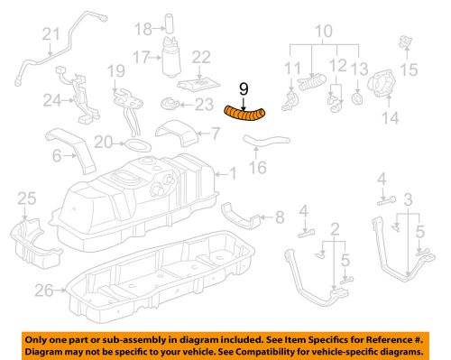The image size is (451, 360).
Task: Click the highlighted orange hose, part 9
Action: (x=246, y=113)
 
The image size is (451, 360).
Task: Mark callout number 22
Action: (x=201, y=56)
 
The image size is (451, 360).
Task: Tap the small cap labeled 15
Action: (x=402, y=42)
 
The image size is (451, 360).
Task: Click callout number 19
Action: (x=114, y=71)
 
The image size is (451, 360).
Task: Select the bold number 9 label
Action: (x=243, y=88)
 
